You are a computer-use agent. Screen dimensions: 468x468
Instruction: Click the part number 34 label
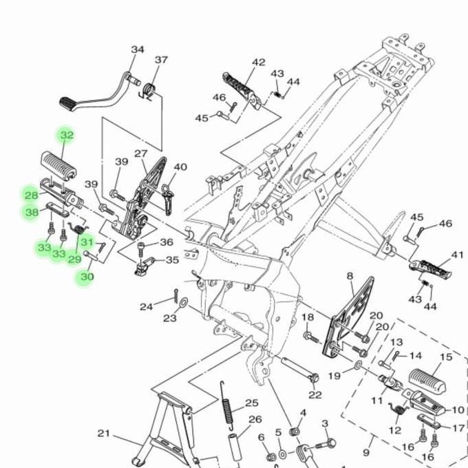click(x=138, y=50)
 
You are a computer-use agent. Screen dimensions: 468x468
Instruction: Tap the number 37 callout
click(x=161, y=60)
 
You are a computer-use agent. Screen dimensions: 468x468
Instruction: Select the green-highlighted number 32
click(x=66, y=136)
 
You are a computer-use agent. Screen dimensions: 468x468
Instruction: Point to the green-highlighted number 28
click(x=32, y=195)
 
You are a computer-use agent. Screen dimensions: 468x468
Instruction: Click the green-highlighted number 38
click(x=32, y=213)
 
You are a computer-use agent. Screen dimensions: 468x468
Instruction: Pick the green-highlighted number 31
click(x=86, y=242)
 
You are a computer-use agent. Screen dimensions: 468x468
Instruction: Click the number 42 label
click(x=258, y=63)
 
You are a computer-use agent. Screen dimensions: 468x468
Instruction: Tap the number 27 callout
click(x=141, y=153)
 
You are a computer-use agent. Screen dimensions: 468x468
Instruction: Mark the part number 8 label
click(x=350, y=276)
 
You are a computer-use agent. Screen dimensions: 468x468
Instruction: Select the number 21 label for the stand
click(x=103, y=434)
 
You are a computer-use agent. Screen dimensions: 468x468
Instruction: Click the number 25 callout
click(x=251, y=403)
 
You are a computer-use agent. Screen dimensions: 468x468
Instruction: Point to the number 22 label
click(x=315, y=394)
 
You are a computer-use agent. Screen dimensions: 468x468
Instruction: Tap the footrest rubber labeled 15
click(x=427, y=379)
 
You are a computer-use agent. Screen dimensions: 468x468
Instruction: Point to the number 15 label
click(x=446, y=357)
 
